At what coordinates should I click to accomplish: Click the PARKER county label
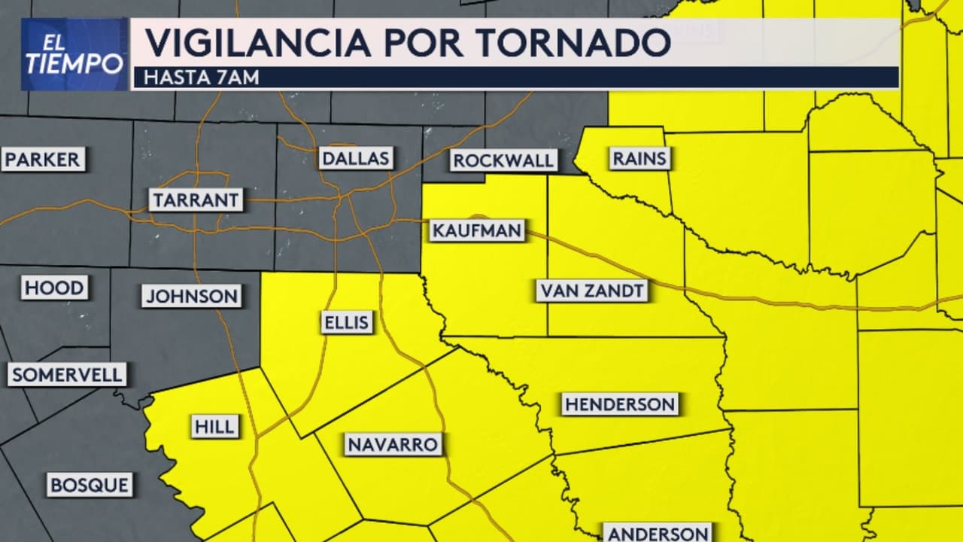[43, 160]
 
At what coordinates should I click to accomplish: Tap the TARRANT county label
[196, 200]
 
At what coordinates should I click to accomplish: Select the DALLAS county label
[356, 158]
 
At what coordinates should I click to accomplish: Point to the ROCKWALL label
[503, 160]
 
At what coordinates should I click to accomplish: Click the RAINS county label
[639, 159]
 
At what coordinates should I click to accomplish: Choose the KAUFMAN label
[477, 230]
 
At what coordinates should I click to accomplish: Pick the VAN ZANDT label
[592, 291]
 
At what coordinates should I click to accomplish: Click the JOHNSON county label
[192, 296]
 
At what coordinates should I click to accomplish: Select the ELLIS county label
[346, 323]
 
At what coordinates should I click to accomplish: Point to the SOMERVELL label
[67, 375]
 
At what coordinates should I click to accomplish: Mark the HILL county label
[215, 427]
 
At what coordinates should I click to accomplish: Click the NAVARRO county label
[393, 444]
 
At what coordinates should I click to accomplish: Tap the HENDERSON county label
[621, 404]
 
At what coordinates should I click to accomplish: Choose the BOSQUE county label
[90, 485]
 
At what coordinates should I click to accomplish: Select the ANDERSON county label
[658, 534]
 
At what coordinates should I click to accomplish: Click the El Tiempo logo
[74, 54]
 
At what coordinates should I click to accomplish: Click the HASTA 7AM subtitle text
[201, 78]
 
